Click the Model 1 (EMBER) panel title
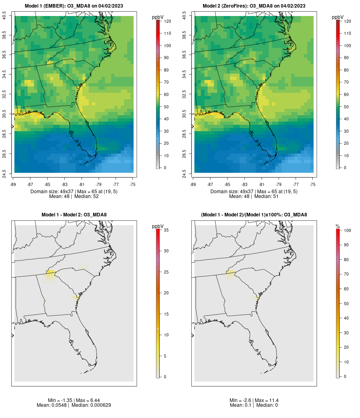click(x=74, y=6)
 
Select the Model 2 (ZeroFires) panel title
click(x=254, y=6)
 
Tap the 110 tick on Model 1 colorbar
click(x=168, y=33)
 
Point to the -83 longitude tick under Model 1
click(x=64, y=184)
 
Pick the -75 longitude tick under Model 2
click(x=312, y=184)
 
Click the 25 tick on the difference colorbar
click(x=166, y=272)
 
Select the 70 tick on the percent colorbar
click(x=346, y=274)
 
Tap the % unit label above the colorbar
click(x=338, y=226)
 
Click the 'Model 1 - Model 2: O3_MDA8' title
click(x=74, y=214)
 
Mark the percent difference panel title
click(x=254, y=214)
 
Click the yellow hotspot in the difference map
click(x=50, y=273)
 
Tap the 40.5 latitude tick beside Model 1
click(x=4, y=16)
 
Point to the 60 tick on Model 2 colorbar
click(x=346, y=94)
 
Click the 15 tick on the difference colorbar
click(x=166, y=314)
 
